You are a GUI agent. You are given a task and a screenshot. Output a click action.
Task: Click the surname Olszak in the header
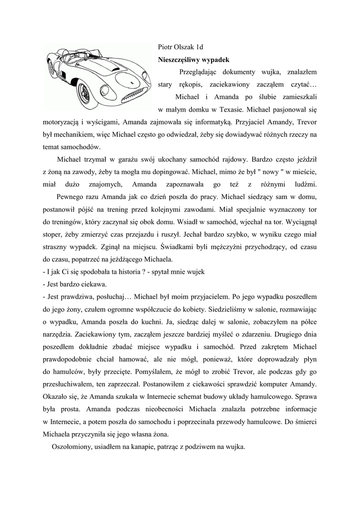183,47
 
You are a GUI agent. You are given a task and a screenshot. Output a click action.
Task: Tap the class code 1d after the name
200,47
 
